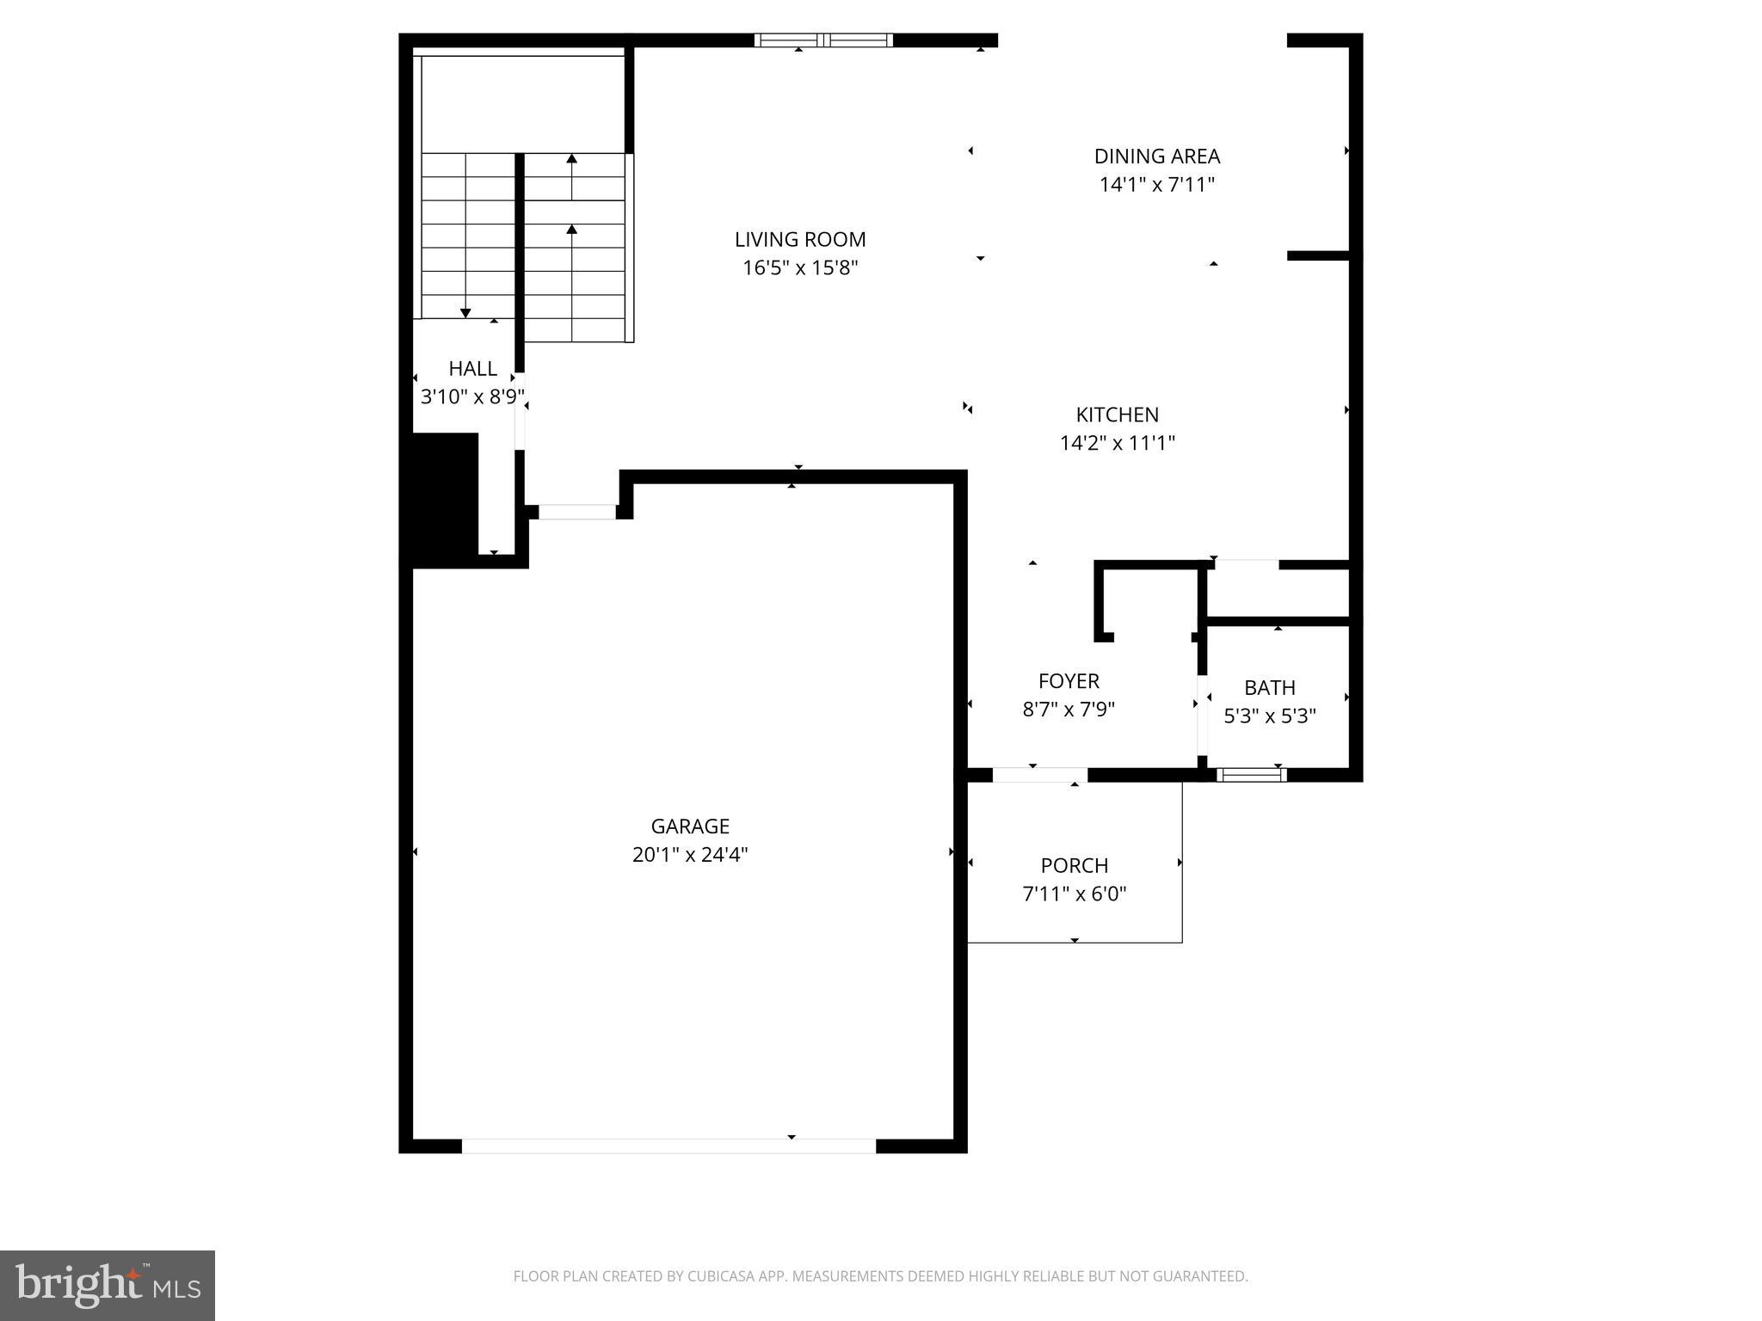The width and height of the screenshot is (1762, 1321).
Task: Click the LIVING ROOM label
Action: coord(799,240)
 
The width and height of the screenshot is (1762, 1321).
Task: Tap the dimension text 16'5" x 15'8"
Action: coord(800,268)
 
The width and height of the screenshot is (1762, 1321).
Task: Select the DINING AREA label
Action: coord(1156,157)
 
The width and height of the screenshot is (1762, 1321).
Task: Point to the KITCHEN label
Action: coord(1117,415)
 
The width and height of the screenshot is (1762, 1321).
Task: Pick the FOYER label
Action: coord(1069,682)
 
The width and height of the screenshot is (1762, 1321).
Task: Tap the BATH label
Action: coord(1269,688)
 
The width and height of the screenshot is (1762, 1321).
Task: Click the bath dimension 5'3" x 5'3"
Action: coord(1270,716)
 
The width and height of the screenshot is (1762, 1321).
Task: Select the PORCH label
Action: coord(1074,866)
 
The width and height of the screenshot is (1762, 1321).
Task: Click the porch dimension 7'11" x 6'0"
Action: coord(1074,894)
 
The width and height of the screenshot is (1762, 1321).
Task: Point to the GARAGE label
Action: coord(690,826)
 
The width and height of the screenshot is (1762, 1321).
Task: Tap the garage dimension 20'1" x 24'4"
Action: coord(690,855)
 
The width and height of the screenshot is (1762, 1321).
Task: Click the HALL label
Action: coord(472,369)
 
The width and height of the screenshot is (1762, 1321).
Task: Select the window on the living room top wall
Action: coord(823,40)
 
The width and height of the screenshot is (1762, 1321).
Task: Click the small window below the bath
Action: coord(1252,775)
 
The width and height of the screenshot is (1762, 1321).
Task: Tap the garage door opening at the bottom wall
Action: coord(668,1146)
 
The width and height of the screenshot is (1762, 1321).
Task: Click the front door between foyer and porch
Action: coord(1039,775)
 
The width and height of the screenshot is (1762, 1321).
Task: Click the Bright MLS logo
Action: coord(108,1285)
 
